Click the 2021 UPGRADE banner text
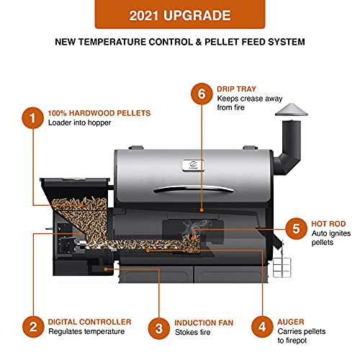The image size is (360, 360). click(x=179, y=15)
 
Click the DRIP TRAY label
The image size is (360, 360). click(x=237, y=89)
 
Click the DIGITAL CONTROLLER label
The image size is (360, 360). click(x=89, y=322)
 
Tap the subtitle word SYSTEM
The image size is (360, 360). click(x=283, y=42)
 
